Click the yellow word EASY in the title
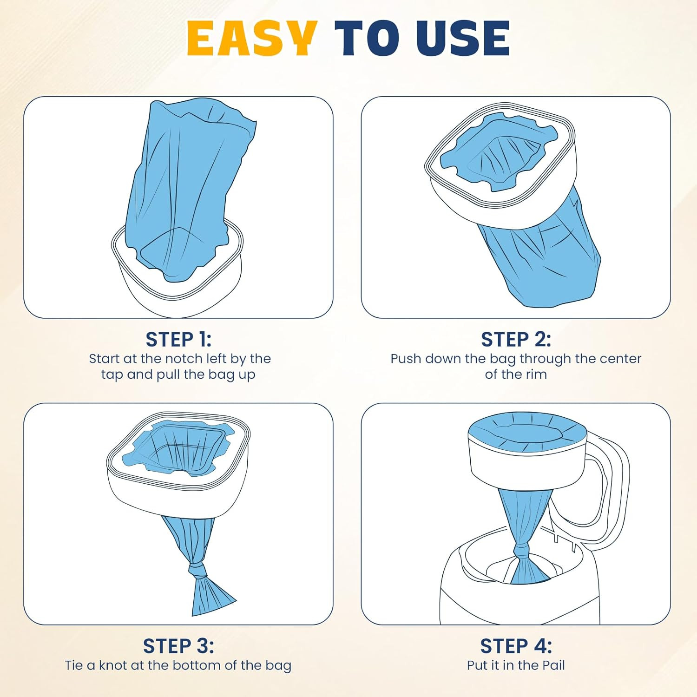coord(251,38)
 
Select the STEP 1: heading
coord(178,340)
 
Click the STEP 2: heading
coord(516,340)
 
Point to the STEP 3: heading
coord(178,646)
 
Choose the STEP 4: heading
coord(516,646)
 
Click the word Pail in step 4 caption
coord(553,665)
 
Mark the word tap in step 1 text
coord(112,375)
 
